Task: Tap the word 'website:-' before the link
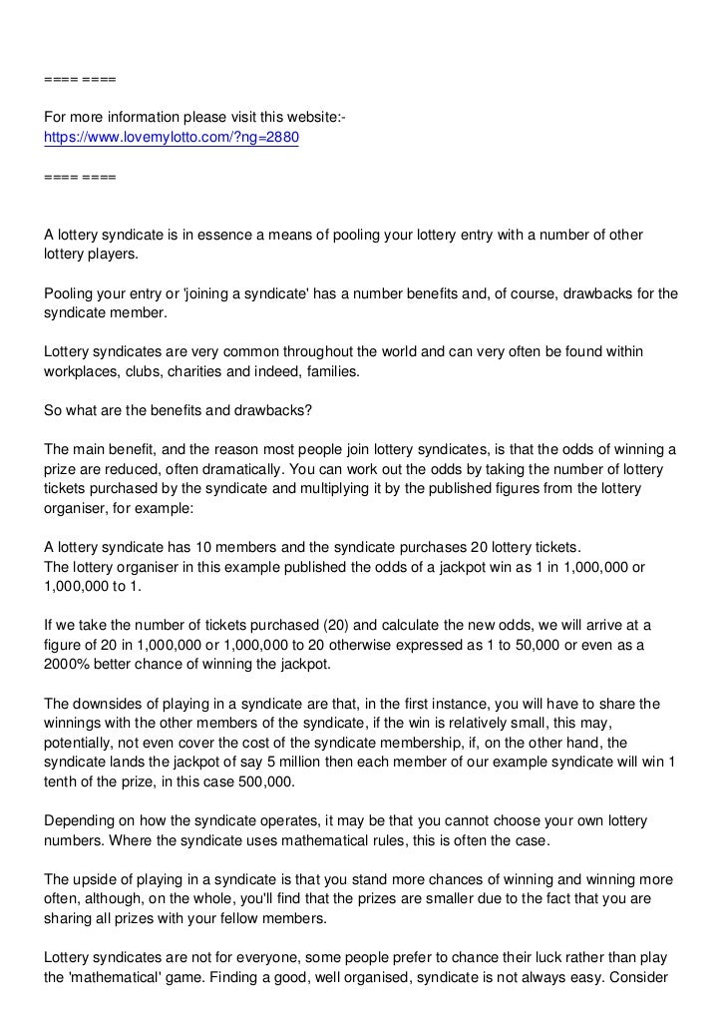pyautogui.click(x=314, y=121)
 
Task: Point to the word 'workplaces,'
pyautogui.click(x=84, y=371)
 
